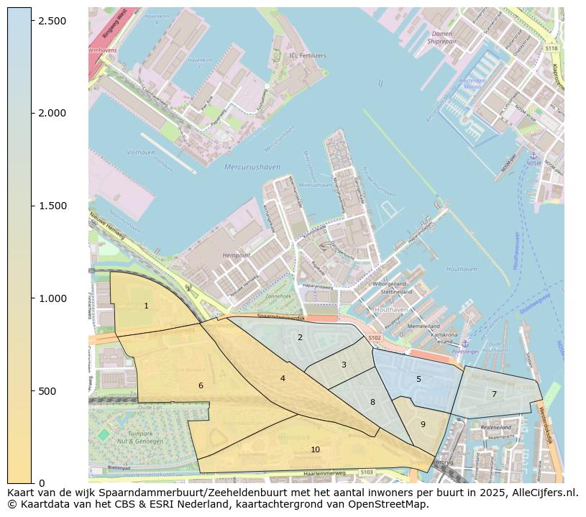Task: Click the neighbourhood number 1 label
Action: pos(146,306)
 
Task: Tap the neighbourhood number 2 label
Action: pos(300,337)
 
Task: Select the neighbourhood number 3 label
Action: pos(344,365)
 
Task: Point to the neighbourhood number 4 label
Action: pos(283,378)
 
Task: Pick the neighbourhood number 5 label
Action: pos(418,380)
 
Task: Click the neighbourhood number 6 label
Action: pos(201,386)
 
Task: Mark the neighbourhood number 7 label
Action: pos(494,394)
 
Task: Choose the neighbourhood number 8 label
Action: pos(372,403)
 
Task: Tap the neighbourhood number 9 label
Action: pos(423,424)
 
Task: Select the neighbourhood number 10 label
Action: pos(315,450)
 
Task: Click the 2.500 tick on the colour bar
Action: pos(53,21)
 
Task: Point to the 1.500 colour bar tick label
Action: pos(53,206)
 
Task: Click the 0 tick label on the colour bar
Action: pos(42,483)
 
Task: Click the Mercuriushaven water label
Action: pos(252,168)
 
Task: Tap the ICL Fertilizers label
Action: pos(307,55)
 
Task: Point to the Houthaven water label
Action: pos(461,270)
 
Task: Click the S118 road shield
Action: pos(551,49)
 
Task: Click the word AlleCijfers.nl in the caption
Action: pos(545,493)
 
